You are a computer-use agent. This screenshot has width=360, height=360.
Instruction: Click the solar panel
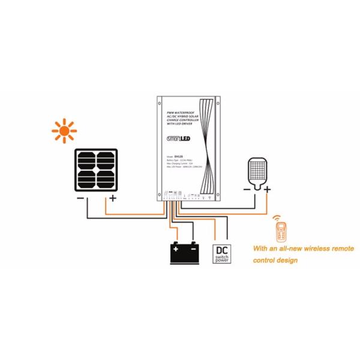click(x=96, y=170)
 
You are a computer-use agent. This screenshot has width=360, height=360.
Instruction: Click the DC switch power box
click(x=221, y=253)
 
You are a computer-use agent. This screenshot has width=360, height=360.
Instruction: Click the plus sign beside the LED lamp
click(x=268, y=190)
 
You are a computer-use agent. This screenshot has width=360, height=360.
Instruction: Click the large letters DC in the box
click(x=221, y=249)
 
